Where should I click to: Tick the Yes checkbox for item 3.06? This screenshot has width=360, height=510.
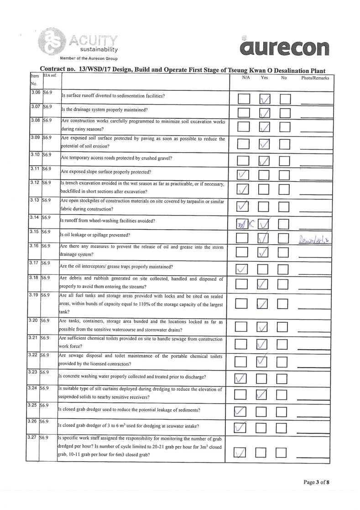click(264, 100)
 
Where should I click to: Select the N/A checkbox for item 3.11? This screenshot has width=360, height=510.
click(243, 174)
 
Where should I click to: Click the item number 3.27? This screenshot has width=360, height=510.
click(32, 437)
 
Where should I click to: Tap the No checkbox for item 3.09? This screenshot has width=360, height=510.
click(284, 144)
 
